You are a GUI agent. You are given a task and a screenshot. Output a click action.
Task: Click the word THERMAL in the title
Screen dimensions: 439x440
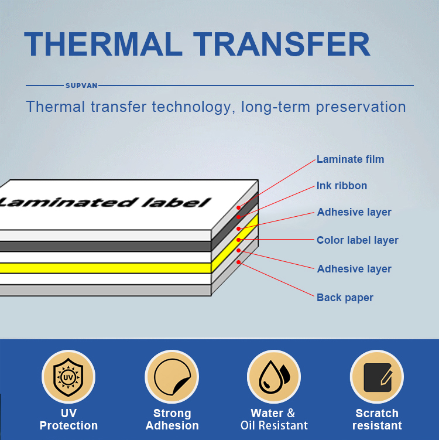coord(104,44)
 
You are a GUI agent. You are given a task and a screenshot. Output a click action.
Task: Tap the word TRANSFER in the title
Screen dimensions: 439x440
coord(282,44)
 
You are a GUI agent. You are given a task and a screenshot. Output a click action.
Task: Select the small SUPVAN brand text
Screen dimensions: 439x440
coord(81,86)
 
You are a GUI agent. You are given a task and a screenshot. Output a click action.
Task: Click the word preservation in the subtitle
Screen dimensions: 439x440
coord(361,107)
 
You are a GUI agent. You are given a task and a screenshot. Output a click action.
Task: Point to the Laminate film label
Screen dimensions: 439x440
coord(350,159)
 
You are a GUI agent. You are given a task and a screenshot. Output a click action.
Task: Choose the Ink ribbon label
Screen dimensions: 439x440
coord(342,186)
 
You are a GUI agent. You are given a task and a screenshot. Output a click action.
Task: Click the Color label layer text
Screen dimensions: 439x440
coord(358,240)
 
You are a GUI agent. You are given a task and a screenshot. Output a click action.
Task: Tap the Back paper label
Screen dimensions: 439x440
coord(345,298)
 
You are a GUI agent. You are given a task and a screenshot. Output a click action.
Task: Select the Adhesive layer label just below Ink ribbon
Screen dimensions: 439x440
coord(354,212)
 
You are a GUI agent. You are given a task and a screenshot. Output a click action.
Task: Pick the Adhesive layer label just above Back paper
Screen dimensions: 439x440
coord(354,269)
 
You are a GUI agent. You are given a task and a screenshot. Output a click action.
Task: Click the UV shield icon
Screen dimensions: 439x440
coord(68,377)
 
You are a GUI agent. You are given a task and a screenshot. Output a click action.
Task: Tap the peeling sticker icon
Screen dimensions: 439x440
coord(172,377)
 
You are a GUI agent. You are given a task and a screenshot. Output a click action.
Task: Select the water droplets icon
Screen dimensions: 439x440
coord(274,377)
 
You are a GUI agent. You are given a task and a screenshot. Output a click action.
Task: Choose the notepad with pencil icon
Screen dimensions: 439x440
coord(377,377)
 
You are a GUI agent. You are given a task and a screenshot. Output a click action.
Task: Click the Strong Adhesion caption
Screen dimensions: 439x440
coord(172,419)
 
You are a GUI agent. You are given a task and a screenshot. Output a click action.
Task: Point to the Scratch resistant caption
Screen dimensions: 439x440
coord(377,419)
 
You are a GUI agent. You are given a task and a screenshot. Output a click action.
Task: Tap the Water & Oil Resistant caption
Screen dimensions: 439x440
coord(274,419)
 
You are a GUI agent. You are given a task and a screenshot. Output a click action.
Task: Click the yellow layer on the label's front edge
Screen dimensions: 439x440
coord(105,268)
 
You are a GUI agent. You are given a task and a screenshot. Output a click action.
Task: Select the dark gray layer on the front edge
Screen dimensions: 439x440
coord(105,246)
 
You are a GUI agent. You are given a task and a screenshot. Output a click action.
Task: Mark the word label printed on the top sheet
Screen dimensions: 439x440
coord(176,202)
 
